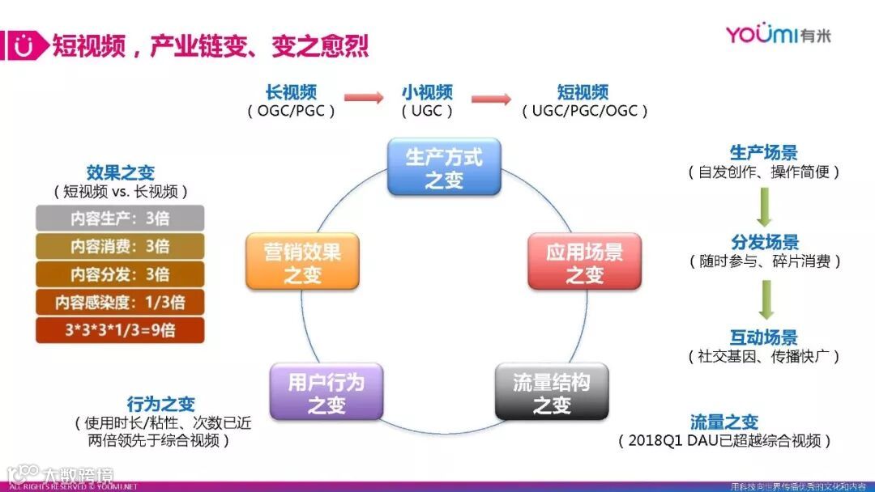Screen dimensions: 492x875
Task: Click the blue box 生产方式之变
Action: [443, 167]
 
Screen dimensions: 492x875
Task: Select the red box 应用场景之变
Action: [584, 261]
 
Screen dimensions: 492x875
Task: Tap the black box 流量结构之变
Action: [551, 392]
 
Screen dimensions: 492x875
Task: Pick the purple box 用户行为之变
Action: [326, 392]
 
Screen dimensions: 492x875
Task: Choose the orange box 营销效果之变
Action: [302, 261]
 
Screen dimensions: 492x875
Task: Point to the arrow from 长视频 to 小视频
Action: [363, 99]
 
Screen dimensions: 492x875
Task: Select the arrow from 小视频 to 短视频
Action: [491, 99]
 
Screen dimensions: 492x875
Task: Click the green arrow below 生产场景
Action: [763, 206]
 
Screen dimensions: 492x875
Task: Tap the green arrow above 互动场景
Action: [763, 299]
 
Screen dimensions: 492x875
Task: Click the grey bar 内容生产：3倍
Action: [120, 218]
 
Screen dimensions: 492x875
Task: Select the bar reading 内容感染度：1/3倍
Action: [120, 302]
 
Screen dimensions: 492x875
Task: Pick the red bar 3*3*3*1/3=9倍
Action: [120, 329]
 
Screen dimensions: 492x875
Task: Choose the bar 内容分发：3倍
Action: [120, 274]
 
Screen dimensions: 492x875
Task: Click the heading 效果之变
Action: [120, 172]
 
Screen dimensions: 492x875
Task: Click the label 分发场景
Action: [764, 242]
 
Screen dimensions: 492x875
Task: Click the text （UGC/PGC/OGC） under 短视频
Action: [585, 111]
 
